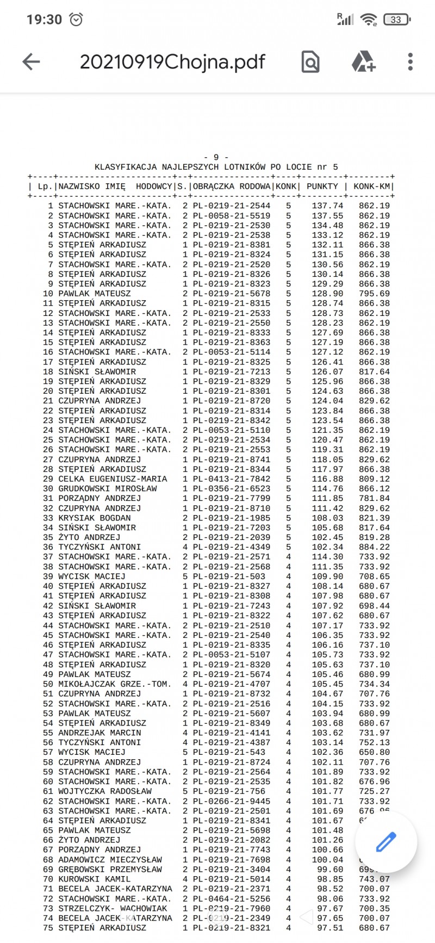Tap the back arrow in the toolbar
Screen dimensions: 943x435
(31, 62)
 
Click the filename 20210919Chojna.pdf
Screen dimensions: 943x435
(172, 62)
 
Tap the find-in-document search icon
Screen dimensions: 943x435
(310, 62)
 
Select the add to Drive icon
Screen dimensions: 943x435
(363, 62)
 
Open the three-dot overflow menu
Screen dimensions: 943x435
(410, 62)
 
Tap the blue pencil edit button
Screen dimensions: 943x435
(386, 842)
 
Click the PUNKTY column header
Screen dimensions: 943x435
(322, 187)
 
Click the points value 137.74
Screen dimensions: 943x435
(327, 206)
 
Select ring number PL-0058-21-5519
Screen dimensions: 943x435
(231, 216)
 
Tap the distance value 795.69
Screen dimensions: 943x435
(374, 294)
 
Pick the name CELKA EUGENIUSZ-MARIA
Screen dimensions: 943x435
(113, 479)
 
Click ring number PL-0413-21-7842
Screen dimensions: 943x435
(231, 479)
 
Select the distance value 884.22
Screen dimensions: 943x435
(374, 547)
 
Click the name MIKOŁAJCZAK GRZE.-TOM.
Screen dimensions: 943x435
(115, 684)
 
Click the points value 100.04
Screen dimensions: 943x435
(327, 860)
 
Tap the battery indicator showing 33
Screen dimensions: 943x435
(397, 20)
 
